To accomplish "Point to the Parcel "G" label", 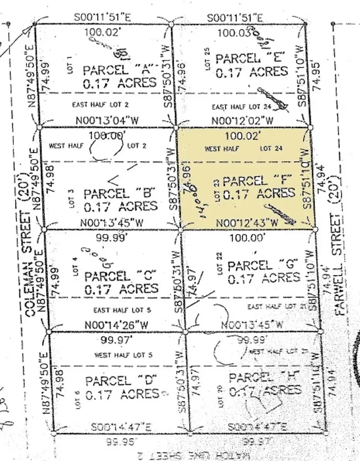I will tap(263, 265).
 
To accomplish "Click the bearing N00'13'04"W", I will tap(107, 120).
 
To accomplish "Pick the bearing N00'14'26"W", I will tap(116, 325).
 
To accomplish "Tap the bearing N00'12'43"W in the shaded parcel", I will tap(247, 223).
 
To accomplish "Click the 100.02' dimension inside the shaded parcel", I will tap(243, 135).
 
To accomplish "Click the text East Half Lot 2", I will tap(100, 104).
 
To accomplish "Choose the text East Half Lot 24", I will tap(241, 107).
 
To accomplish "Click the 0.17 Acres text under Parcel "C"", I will tap(122, 289).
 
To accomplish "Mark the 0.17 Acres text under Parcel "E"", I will tap(252, 72).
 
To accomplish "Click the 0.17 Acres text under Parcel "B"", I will tap(121, 206).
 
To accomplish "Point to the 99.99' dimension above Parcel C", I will tap(111, 237).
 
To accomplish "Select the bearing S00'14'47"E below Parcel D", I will tap(121, 427).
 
